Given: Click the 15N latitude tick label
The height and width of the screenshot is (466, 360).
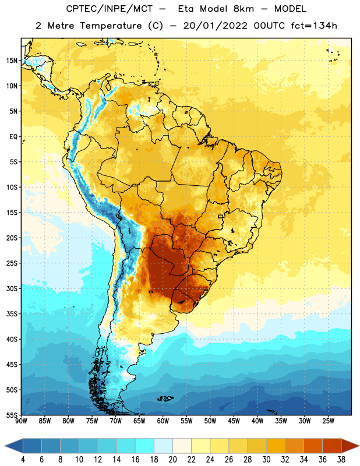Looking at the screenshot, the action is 12,61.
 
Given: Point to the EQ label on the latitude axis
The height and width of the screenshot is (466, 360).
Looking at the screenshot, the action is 13,137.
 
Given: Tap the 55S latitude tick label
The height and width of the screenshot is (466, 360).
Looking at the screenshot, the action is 12,415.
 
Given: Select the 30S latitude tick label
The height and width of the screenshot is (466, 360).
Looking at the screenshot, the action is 12,288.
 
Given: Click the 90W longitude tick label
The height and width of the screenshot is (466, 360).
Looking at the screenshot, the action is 21,421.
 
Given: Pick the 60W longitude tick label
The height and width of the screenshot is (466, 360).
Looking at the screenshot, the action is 163,421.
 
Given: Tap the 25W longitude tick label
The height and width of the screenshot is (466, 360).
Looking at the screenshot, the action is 328,421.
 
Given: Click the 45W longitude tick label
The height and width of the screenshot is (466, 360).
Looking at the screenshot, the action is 234,421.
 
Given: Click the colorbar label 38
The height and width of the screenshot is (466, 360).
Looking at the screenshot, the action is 341,460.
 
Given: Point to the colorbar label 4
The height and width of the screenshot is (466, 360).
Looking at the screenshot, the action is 23,460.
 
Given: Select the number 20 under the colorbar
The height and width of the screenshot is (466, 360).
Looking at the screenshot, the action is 172,460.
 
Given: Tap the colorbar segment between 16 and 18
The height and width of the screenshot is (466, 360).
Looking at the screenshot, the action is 145,446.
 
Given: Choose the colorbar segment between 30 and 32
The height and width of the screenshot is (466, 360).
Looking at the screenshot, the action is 276,446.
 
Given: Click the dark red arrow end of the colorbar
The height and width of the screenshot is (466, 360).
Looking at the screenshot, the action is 350,446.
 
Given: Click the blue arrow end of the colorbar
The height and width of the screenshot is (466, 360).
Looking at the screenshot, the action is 14,446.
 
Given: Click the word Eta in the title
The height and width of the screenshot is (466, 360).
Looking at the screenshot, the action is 186,9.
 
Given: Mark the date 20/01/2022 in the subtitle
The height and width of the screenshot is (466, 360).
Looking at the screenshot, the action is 215,26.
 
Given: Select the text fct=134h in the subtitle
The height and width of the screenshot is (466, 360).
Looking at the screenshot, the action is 314,26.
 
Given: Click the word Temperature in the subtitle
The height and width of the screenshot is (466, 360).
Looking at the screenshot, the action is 111,26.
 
